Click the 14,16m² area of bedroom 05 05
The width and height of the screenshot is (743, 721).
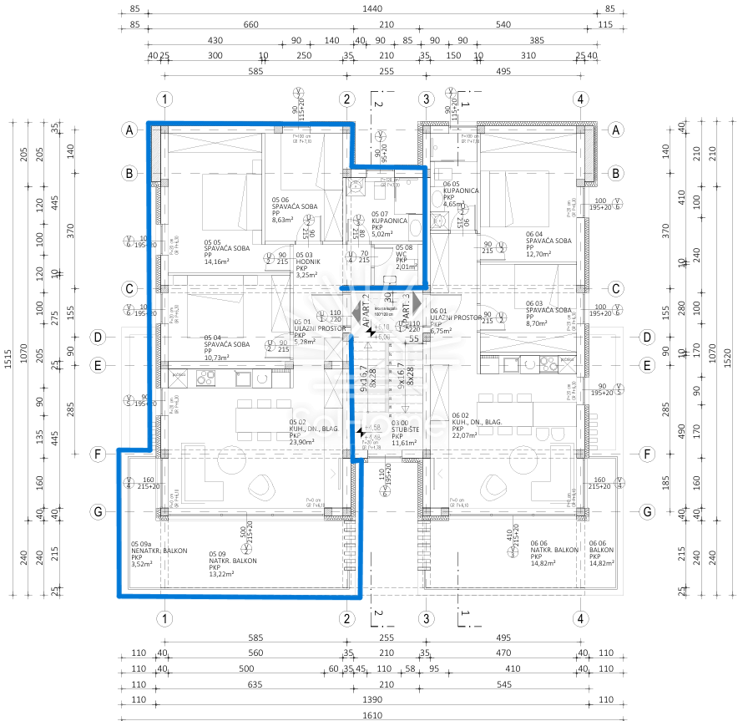pyautogui.click(x=222, y=261)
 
